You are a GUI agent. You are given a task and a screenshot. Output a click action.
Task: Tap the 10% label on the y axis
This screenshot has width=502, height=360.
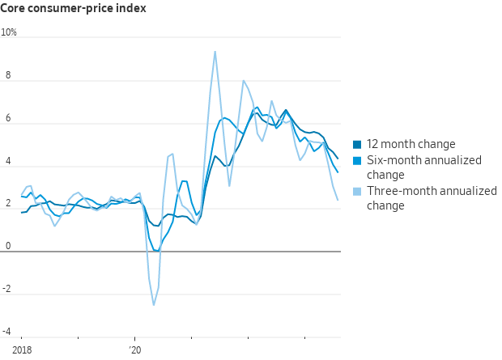click(x=9, y=32)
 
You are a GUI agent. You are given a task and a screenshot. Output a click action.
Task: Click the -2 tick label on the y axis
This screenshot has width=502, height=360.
click(x=7, y=289)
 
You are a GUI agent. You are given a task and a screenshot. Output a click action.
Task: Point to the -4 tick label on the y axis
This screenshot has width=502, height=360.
click(x=7, y=332)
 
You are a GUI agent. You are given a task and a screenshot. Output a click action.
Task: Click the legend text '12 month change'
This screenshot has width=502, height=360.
click(x=411, y=145)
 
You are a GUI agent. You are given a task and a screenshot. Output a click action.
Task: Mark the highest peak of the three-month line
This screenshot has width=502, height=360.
click(x=215, y=52)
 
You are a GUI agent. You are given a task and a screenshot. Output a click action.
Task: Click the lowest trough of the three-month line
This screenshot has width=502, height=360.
click(x=154, y=305)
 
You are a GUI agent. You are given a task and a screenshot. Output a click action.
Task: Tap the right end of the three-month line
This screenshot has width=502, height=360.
click(x=338, y=200)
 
